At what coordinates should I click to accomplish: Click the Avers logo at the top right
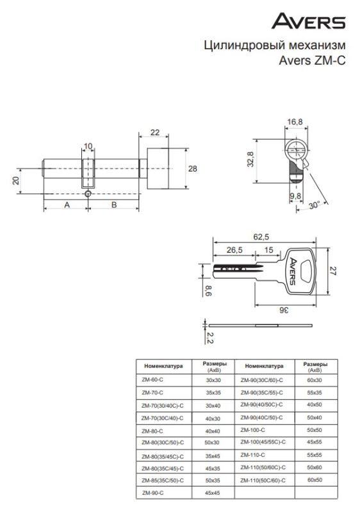pyautogui.click(x=308, y=21)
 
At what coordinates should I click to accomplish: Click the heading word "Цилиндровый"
pyautogui.click(x=240, y=45)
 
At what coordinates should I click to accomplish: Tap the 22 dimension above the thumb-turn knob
pyautogui.click(x=155, y=132)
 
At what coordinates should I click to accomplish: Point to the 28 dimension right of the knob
pyautogui.click(x=193, y=168)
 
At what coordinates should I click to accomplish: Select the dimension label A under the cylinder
pyautogui.click(x=67, y=205)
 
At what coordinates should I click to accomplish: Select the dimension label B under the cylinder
pyautogui.click(x=114, y=205)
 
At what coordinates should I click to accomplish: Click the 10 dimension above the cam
pyautogui.click(x=88, y=146)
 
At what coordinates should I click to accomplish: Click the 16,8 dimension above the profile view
pyautogui.click(x=295, y=122)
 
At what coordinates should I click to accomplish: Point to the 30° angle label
pyautogui.click(x=314, y=205)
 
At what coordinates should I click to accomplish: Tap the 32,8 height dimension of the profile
pyautogui.click(x=250, y=159)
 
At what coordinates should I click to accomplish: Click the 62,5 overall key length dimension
pyautogui.click(x=261, y=237)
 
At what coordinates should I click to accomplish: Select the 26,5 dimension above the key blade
pyautogui.click(x=234, y=250)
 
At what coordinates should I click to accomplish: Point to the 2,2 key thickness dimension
pyautogui.click(x=209, y=337)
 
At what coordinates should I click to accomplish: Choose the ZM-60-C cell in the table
pyautogui.click(x=152, y=380)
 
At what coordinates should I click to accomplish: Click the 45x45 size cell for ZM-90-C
pyautogui.click(x=212, y=493)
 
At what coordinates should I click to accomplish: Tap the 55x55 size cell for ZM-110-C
pyautogui.click(x=315, y=455)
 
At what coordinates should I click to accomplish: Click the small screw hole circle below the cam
pyautogui.click(x=88, y=194)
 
